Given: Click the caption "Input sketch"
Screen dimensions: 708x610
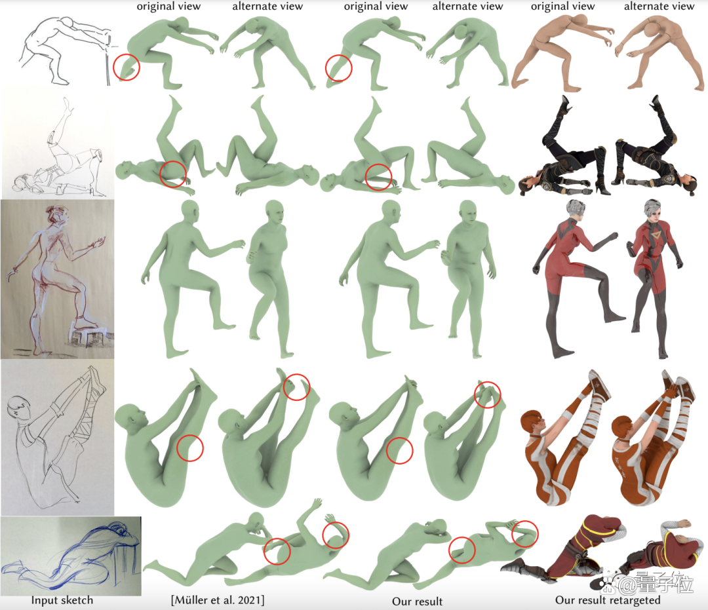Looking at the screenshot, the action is pyautogui.click(x=62, y=600).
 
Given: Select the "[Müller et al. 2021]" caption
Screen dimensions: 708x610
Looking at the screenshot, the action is pyautogui.click(x=218, y=600).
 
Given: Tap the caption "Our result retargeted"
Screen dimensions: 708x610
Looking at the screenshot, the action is pyautogui.click(x=607, y=600).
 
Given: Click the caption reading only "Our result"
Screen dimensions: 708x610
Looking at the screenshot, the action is pyautogui.click(x=417, y=601).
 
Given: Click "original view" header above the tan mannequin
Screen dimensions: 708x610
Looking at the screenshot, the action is pyautogui.click(x=562, y=7).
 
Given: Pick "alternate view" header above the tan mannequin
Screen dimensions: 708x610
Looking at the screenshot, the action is pyautogui.click(x=659, y=7).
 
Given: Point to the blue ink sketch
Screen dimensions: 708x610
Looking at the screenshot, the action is pyautogui.click(x=71, y=556).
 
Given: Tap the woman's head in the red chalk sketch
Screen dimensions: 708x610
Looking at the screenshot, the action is pyautogui.click(x=58, y=215).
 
